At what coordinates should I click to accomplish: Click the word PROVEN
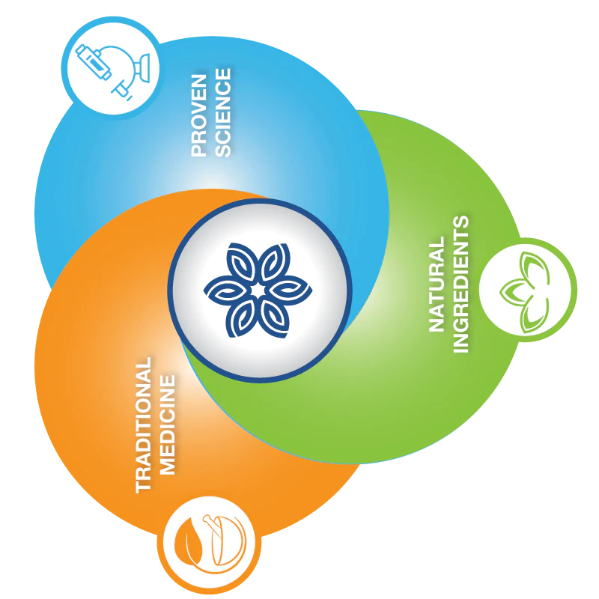pyautogui.click(x=199, y=112)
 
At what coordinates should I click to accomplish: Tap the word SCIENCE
pyautogui.click(x=223, y=112)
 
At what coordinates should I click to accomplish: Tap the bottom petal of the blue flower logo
pyautogui.click(x=258, y=322)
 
